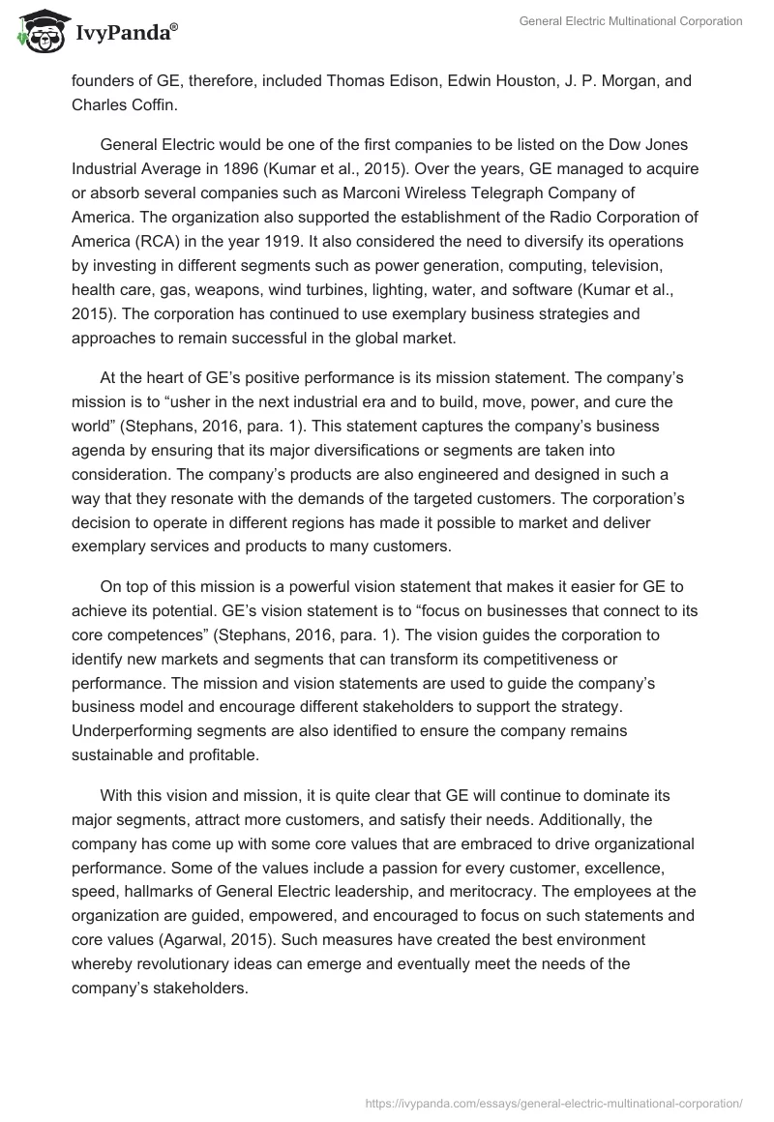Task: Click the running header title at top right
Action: coord(630,21)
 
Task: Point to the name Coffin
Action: coord(150,105)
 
